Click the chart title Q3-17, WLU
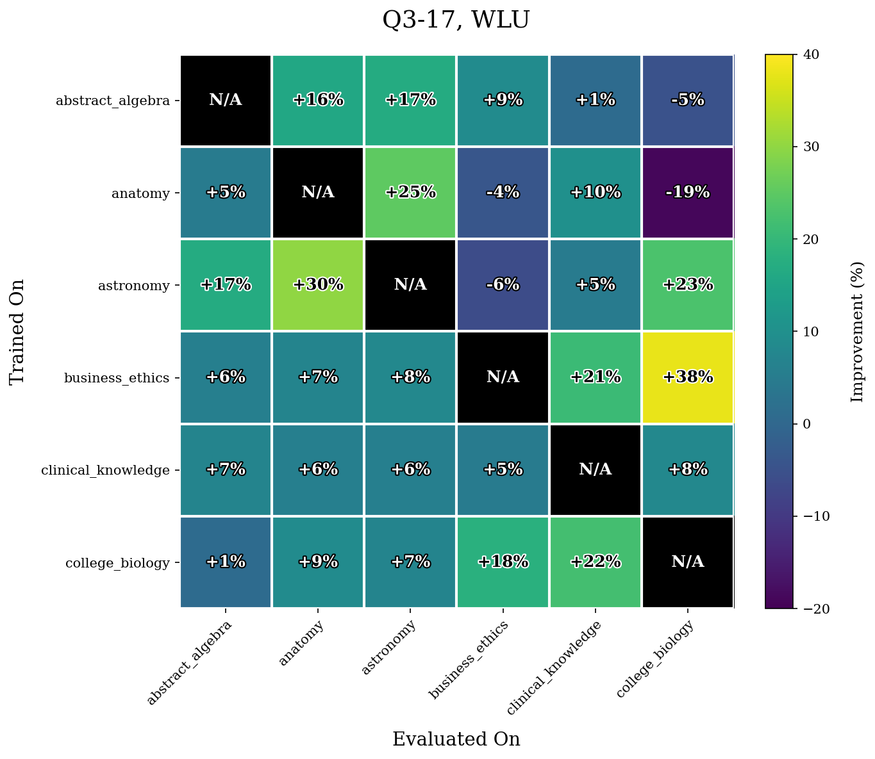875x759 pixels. pos(456,20)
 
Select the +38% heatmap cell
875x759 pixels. pos(687,377)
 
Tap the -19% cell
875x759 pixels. pos(687,193)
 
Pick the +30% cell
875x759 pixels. pos(318,285)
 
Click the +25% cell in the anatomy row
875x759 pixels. pos(410,193)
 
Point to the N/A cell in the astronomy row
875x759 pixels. pos(410,285)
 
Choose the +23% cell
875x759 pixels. pos(687,285)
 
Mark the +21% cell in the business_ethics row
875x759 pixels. pos(595,377)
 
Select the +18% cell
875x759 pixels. pos(503,562)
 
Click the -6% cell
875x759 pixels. pos(503,285)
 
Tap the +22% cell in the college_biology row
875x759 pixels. pos(595,562)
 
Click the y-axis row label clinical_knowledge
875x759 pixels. pos(105,470)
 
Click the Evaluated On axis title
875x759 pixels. pos(456,739)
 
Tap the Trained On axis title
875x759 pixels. pos(18,331)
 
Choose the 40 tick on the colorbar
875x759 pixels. pos(806,55)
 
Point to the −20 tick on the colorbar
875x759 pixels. pos(809,608)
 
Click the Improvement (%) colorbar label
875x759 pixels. pos(857,331)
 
